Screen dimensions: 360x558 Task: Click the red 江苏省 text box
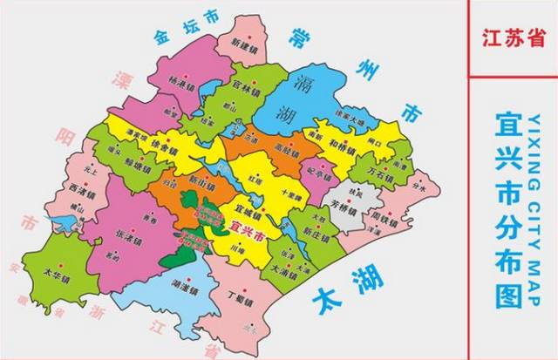pyautogui.click(x=512, y=37)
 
